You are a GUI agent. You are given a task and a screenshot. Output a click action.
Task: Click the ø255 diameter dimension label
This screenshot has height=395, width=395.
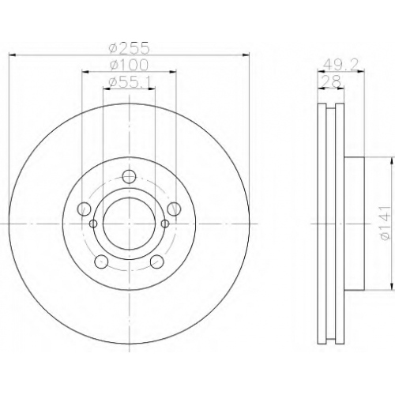click(130, 48)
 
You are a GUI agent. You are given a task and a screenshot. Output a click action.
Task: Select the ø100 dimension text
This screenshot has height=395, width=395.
click(130, 65)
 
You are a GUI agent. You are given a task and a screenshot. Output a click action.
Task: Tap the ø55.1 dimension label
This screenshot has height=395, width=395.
click(130, 82)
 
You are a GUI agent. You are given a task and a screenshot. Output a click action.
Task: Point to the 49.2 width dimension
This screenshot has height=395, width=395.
click(340, 64)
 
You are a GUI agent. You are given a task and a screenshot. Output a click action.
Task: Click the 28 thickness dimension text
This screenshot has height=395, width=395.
click(333, 81)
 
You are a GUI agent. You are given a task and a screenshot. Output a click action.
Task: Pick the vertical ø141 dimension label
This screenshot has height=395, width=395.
click(385, 224)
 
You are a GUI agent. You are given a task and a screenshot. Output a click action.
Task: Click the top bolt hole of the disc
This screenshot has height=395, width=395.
click(130, 177)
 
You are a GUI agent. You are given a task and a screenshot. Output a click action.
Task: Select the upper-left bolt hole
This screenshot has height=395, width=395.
click(84, 209)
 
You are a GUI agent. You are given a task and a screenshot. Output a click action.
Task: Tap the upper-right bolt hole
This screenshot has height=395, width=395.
click(175, 209)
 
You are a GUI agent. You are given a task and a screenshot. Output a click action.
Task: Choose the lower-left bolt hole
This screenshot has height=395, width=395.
click(101, 261)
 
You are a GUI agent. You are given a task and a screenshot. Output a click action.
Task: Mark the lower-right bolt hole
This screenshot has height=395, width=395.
click(157, 261)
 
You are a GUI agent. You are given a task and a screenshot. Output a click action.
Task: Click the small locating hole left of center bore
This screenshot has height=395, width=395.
click(93, 224)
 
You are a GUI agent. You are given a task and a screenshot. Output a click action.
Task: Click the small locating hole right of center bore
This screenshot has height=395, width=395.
click(165, 224)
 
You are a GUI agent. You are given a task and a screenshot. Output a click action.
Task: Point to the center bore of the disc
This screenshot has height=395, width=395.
click(130, 224)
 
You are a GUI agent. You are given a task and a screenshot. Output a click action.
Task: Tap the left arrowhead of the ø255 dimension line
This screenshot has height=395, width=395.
click(13, 55)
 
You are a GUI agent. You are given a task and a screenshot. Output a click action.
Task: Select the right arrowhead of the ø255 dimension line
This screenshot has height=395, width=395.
click(246, 55)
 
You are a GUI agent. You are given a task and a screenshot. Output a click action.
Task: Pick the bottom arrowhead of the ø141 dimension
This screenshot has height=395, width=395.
click(393, 287)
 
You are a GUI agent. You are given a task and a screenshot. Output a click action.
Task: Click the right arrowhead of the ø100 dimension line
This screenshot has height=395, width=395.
click(173, 72)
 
